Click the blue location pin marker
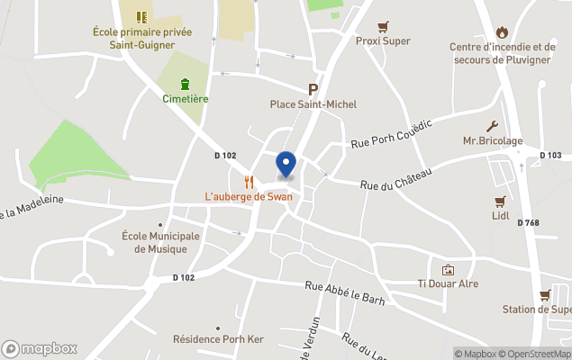click(x=286, y=164)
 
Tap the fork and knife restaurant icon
click(x=249, y=180)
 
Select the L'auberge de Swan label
click(x=248, y=196)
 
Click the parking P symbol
click(x=313, y=89)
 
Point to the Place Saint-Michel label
click(x=313, y=104)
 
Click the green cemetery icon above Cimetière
click(x=185, y=85)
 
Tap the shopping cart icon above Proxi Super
click(x=383, y=26)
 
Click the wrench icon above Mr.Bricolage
click(x=493, y=126)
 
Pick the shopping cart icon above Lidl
click(x=501, y=202)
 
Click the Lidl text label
click(x=501, y=216)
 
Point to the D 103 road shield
click(x=551, y=155)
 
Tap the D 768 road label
click(x=528, y=222)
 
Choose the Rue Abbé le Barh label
click(x=345, y=293)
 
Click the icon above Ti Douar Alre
click(x=448, y=269)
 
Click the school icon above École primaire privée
click(x=141, y=16)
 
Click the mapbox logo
click(x=40, y=348)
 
